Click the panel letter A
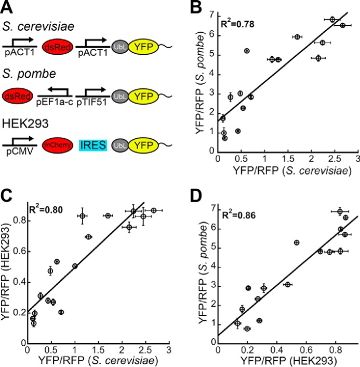coord(7,7)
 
